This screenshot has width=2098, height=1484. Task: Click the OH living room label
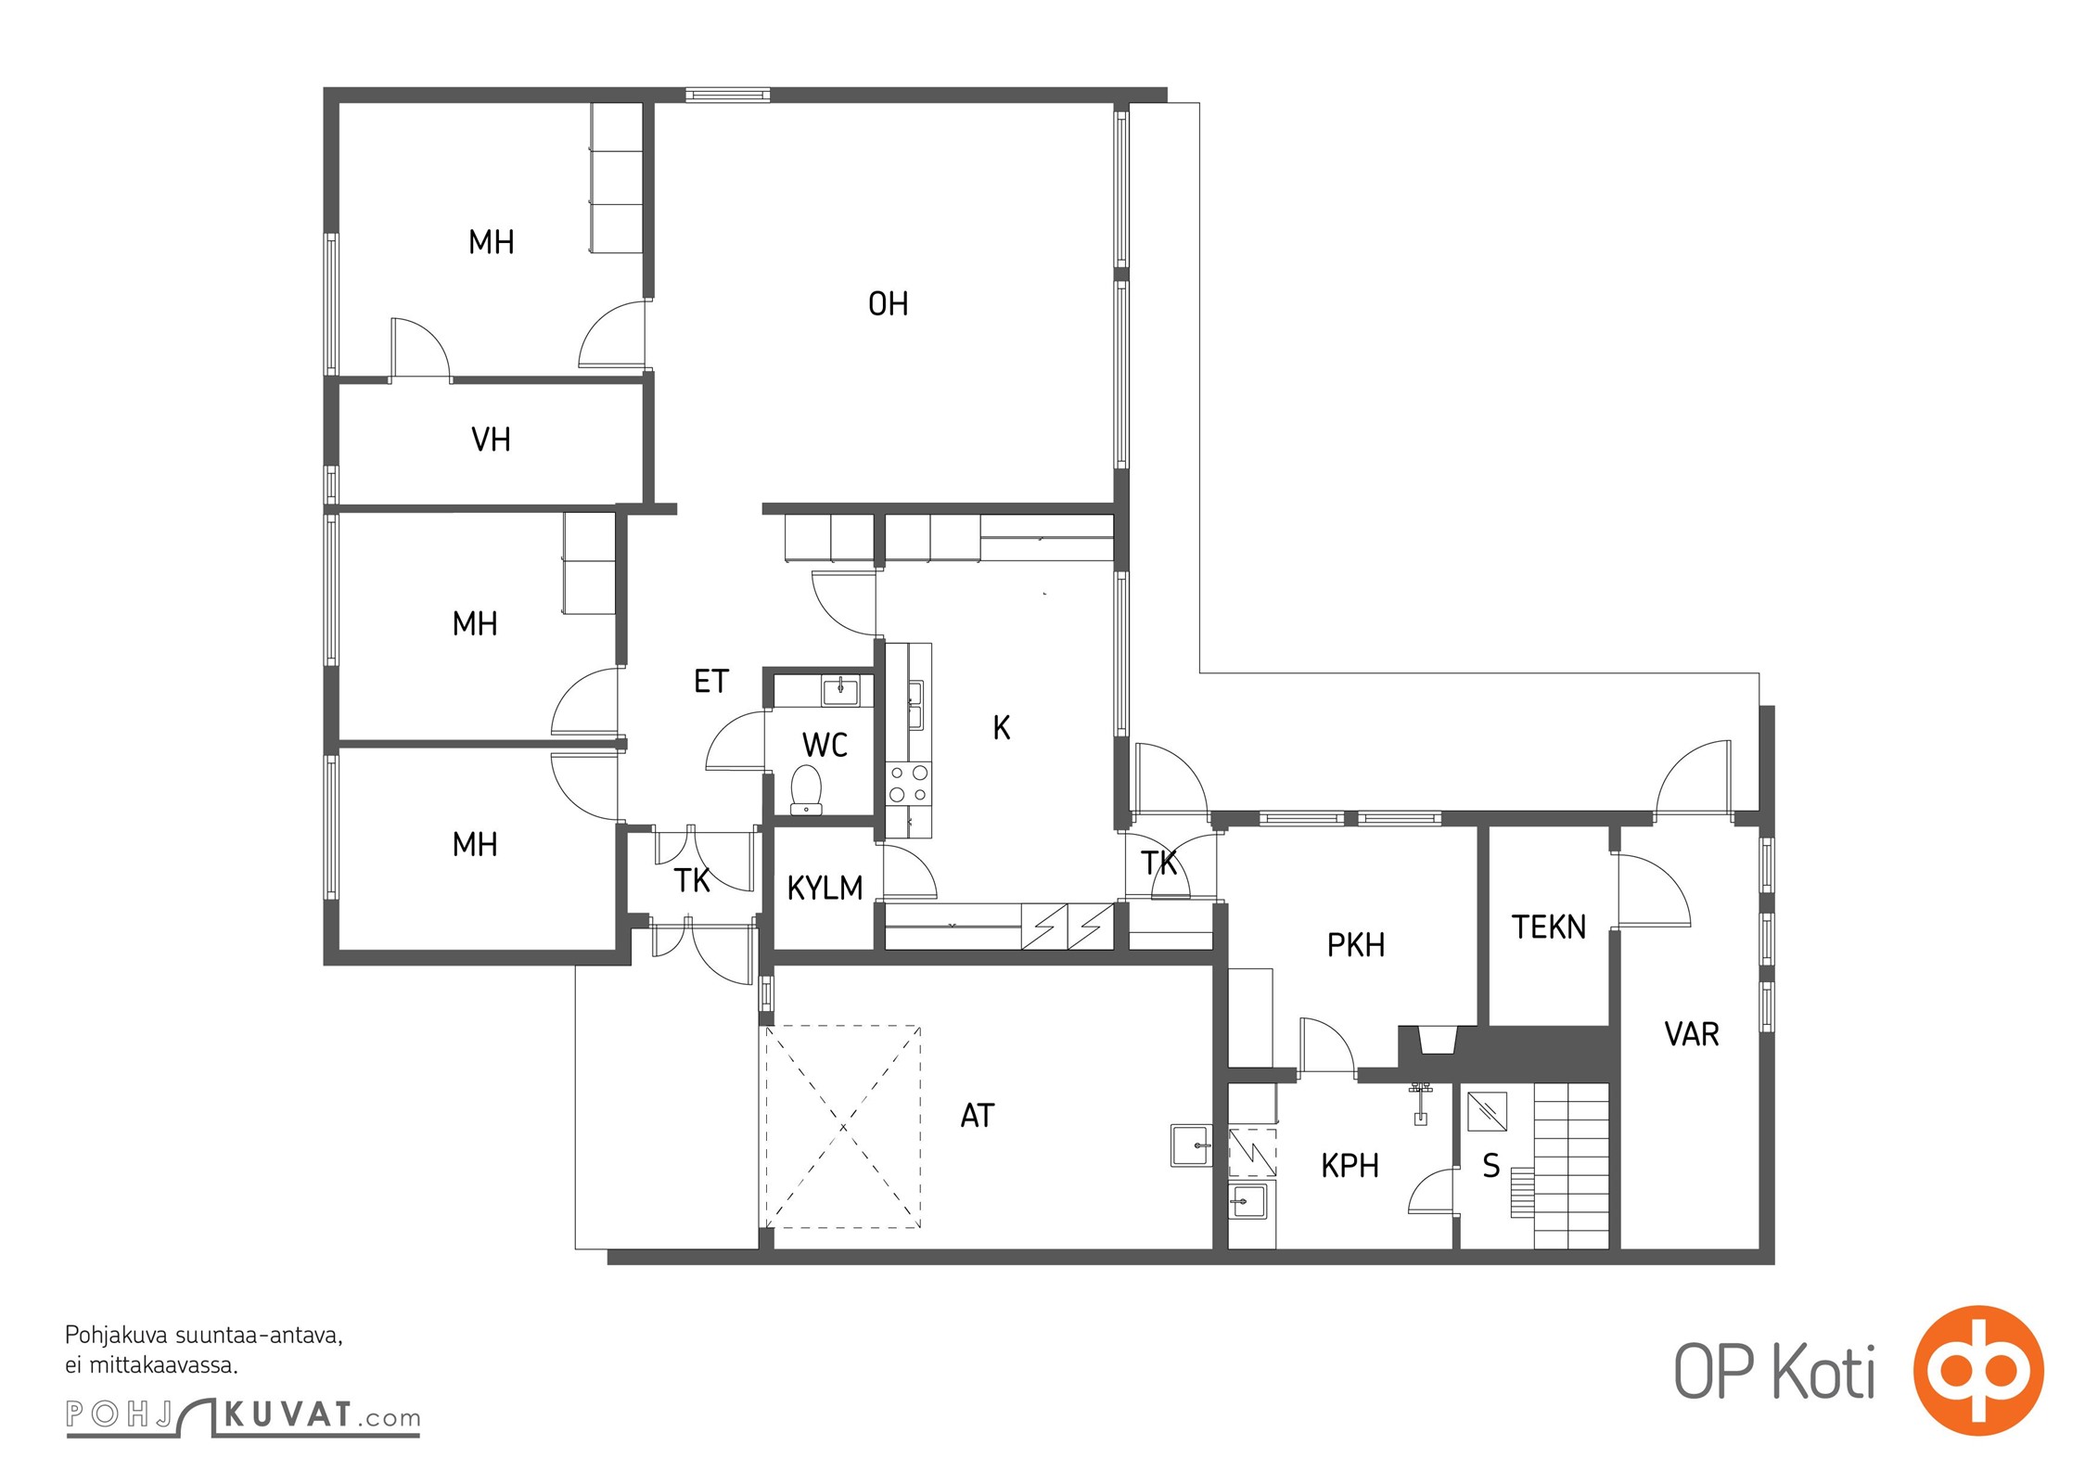point(888,303)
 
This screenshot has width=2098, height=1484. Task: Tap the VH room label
point(491,439)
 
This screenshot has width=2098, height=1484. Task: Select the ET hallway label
point(711,681)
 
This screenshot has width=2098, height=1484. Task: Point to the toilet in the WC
point(806,789)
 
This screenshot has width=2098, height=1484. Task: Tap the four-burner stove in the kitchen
point(909,783)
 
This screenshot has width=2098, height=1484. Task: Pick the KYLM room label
point(825,888)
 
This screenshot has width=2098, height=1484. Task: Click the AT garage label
point(978,1115)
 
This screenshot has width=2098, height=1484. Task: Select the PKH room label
point(1356,944)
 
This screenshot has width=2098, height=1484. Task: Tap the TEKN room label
point(1549,926)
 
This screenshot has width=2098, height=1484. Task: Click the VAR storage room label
point(1692,1033)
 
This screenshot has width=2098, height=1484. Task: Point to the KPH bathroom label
point(1350,1165)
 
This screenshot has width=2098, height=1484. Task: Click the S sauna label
point(1490,1165)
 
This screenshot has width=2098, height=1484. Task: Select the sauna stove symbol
point(1487,1111)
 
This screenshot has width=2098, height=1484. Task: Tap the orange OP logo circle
point(1978,1370)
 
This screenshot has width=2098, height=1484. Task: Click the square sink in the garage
point(1191,1145)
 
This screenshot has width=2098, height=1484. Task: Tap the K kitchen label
point(1002,728)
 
